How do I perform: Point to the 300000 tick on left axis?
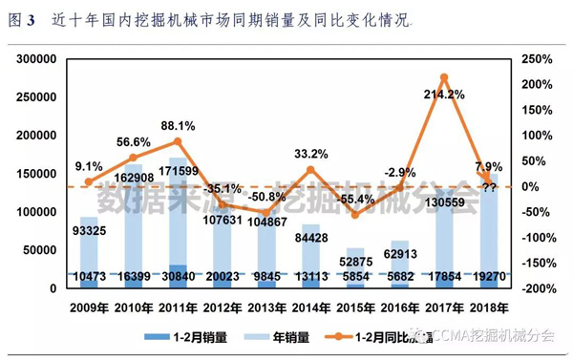pyautogui.click(x=35, y=59)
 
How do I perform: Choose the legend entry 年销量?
pyautogui.click(x=277, y=335)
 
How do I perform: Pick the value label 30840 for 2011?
pyautogui.click(x=178, y=276)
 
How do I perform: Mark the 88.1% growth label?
pyautogui.click(x=179, y=125)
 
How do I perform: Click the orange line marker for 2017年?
pyautogui.click(x=444, y=77)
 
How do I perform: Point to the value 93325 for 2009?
pyautogui.click(x=88, y=230)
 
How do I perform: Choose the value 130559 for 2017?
pyautogui.click(x=444, y=201)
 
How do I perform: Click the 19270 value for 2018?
pyautogui.click(x=489, y=276)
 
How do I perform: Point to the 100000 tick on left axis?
pyautogui.click(x=35, y=212)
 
